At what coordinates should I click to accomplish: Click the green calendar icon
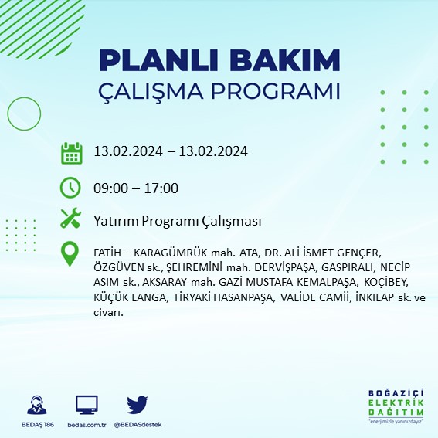click(x=71, y=152)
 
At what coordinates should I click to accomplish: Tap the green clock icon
click(x=71, y=188)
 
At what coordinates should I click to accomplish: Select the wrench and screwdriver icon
click(x=71, y=219)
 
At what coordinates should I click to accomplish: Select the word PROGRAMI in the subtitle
click(x=273, y=91)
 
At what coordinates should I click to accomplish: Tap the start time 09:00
click(x=108, y=188)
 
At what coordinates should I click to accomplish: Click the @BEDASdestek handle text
click(x=138, y=426)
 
